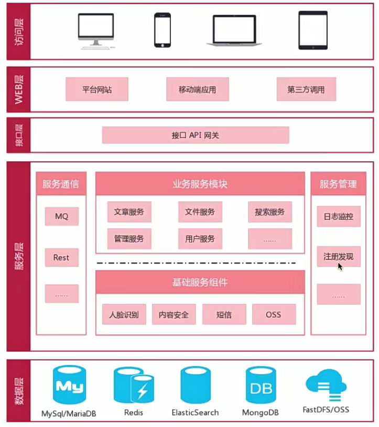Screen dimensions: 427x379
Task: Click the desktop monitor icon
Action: (96, 30)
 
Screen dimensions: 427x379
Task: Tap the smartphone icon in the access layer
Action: (162, 30)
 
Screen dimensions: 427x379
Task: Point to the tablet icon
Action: (312, 30)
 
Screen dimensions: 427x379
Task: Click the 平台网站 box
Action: (97, 90)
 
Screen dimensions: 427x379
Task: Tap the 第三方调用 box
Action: (306, 90)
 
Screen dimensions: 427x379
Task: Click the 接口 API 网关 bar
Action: (196, 135)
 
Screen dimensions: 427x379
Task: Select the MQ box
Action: (61, 216)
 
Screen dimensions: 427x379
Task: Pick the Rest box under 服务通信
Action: (61, 258)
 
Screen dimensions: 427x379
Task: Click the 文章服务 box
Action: (129, 212)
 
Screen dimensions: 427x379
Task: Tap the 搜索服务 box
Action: (270, 212)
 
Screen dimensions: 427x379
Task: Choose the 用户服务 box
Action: (200, 239)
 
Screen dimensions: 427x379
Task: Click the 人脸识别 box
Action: (124, 315)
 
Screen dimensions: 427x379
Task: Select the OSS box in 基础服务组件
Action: (274, 315)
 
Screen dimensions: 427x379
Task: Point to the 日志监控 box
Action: (338, 216)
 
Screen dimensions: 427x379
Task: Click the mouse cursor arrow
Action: (340, 266)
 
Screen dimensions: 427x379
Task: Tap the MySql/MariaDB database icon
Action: (69, 387)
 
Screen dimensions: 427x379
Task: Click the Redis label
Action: (134, 413)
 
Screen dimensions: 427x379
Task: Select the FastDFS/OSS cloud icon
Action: (326, 387)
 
